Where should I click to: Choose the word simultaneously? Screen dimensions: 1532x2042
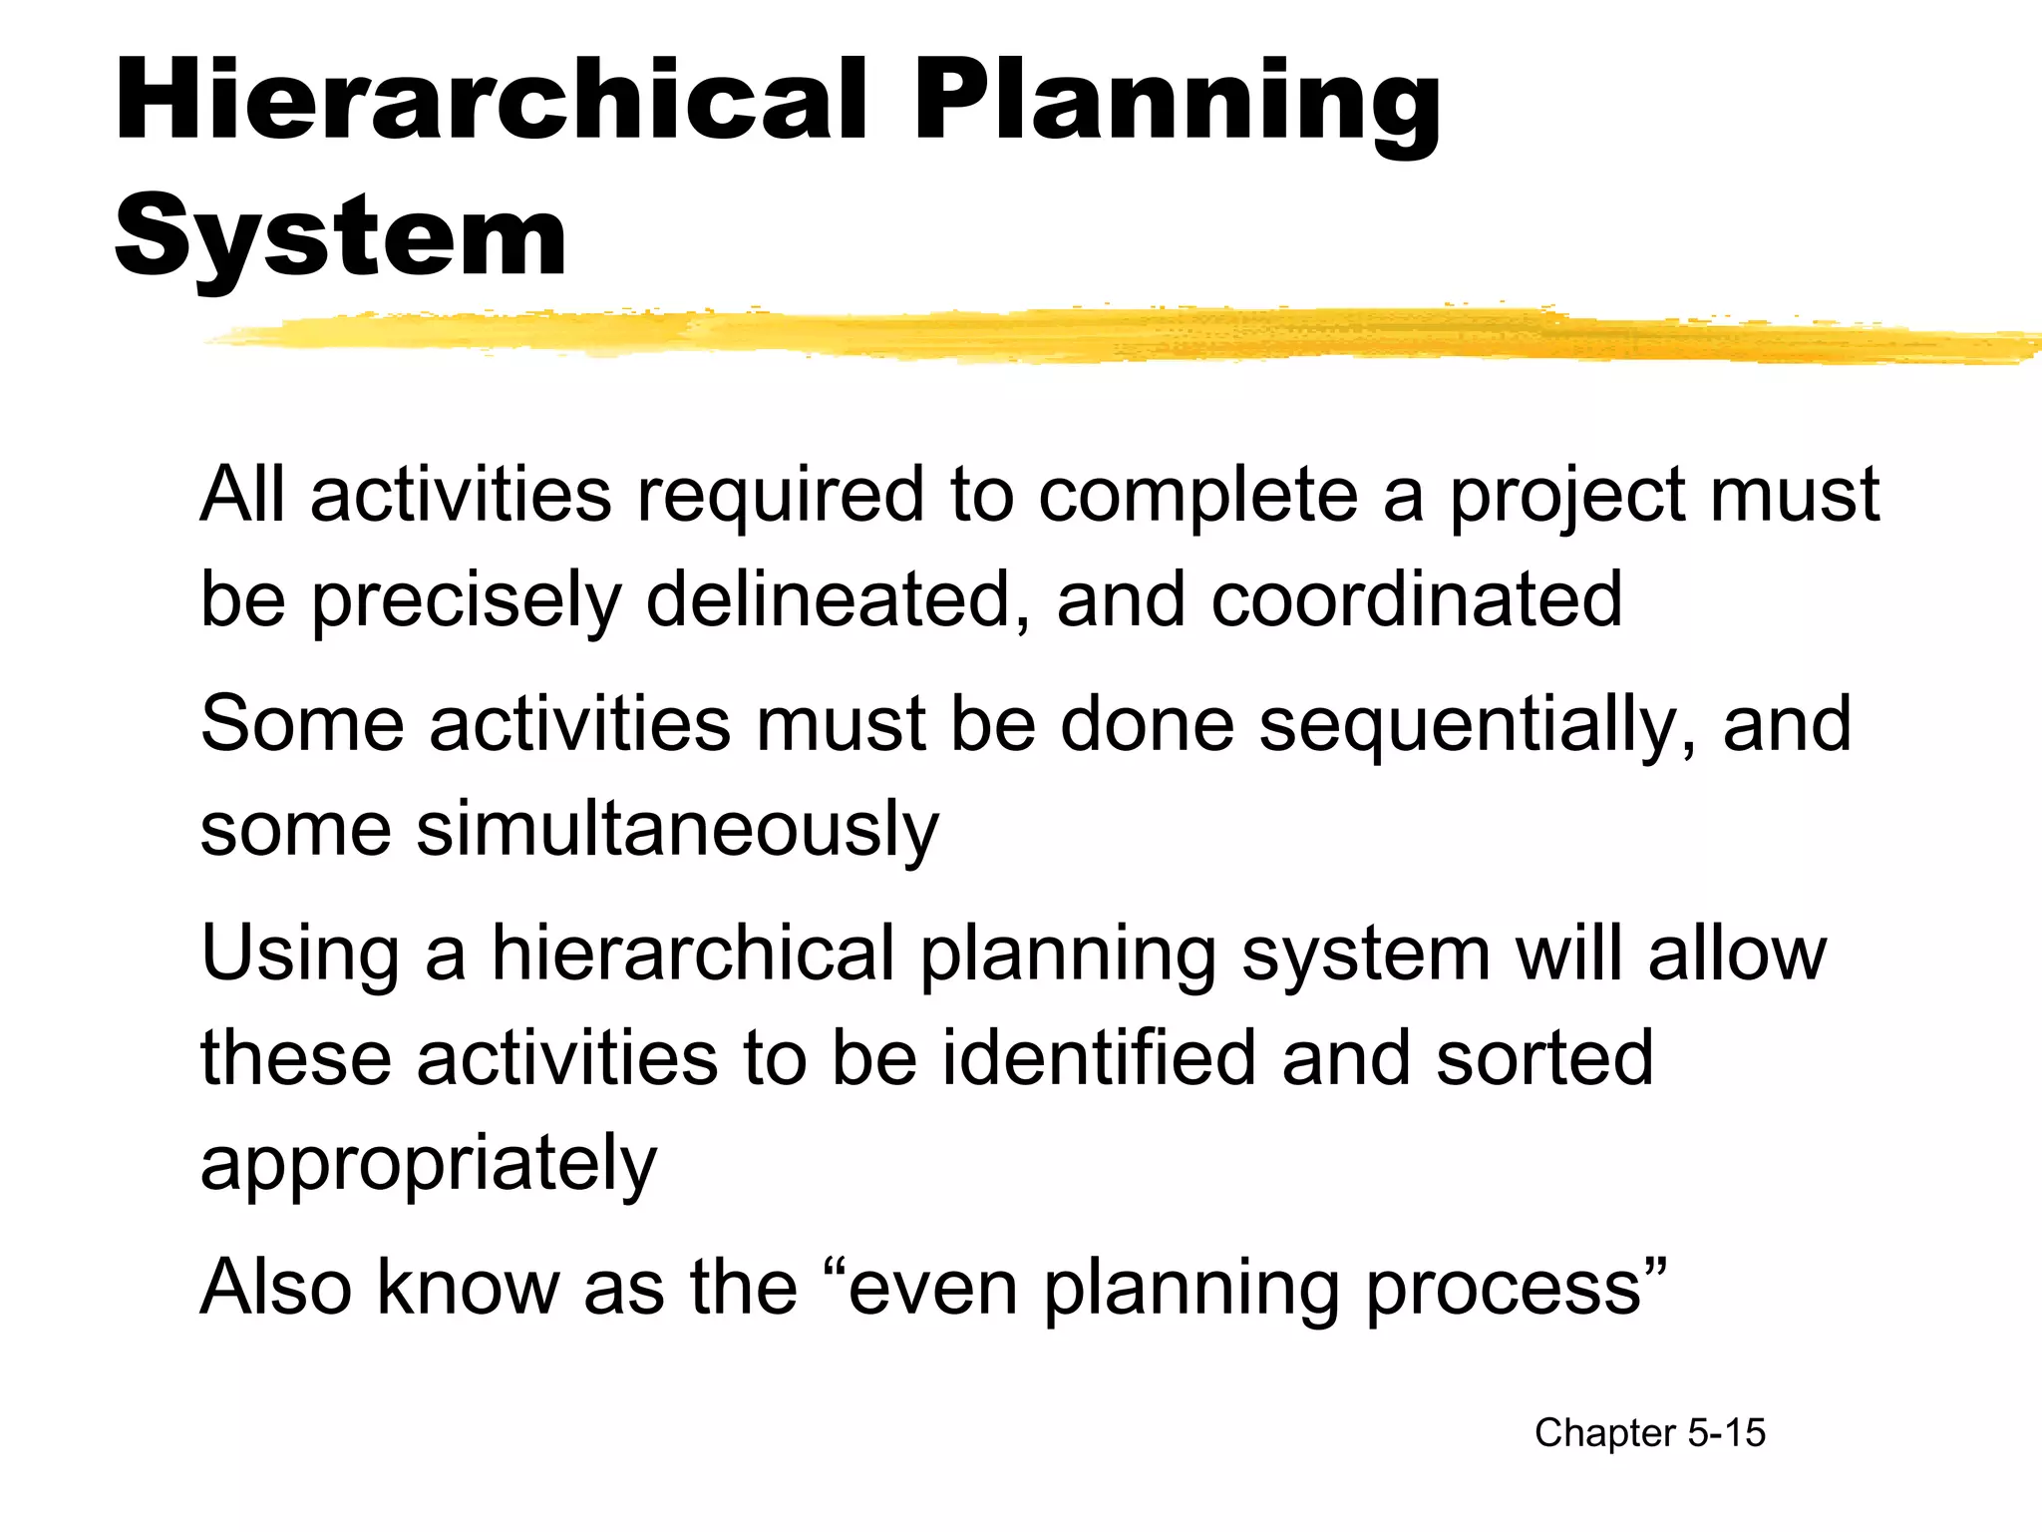[677, 830]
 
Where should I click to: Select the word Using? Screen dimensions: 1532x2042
[300, 955]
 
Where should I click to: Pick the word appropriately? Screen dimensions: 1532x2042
[429, 1164]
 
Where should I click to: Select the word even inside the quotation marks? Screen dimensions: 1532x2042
[933, 1288]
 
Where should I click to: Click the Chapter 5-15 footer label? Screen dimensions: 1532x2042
[1650, 1433]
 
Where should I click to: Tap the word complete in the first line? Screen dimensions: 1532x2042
[1197, 496]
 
